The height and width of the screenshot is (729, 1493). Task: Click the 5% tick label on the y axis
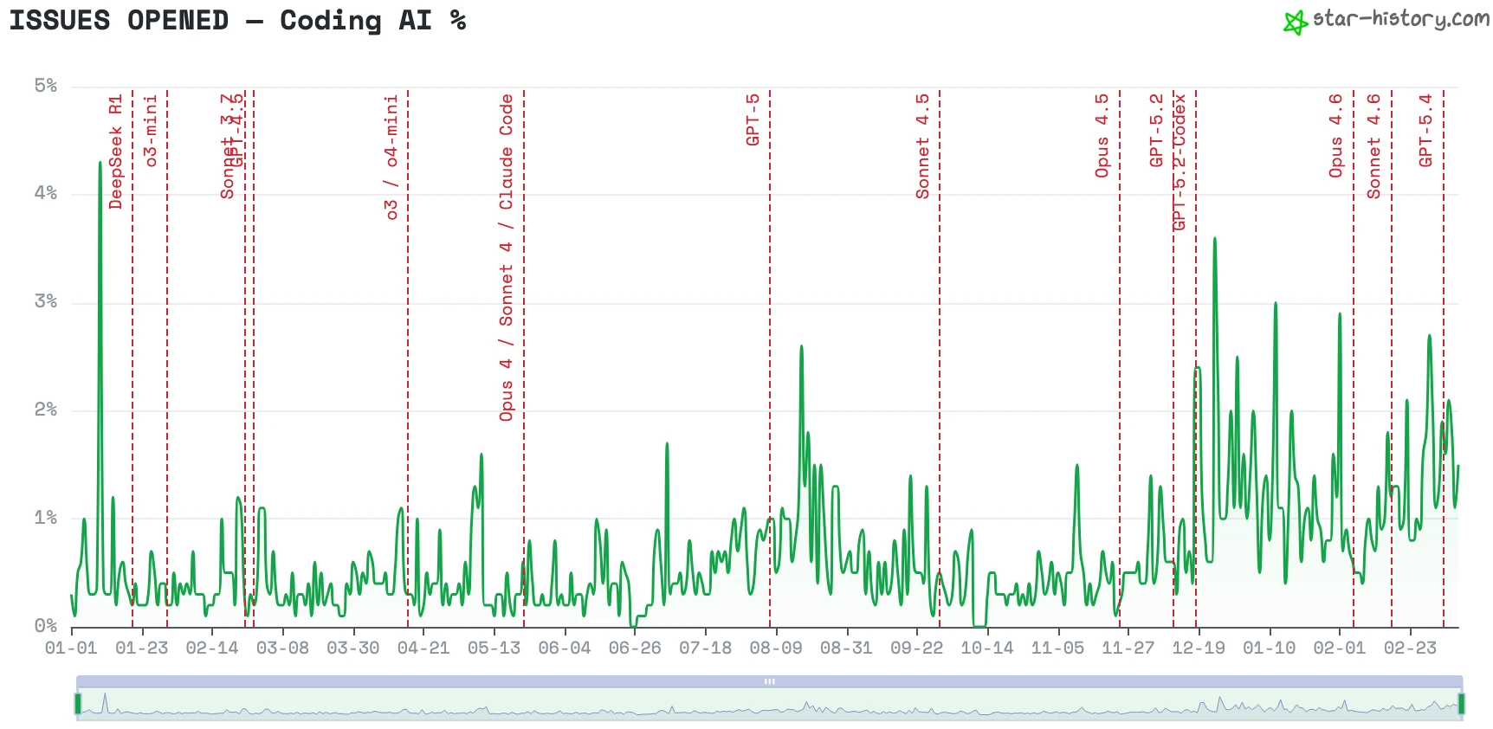[45, 86]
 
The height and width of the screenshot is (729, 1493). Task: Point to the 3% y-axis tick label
[45, 301]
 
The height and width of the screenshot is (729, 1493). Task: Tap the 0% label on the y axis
[45, 625]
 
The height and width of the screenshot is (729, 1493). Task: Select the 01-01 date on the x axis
[71, 648]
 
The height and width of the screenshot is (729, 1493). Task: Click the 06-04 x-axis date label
[565, 648]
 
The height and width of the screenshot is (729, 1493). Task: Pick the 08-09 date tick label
[776, 648]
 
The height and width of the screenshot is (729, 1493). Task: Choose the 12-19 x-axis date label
[1199, 648]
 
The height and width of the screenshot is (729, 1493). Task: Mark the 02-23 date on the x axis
[1410, 648]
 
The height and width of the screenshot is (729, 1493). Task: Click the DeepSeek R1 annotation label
[116, 152]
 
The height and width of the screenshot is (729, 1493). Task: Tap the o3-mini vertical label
[151, 131]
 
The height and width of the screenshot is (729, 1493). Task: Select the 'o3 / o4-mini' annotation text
[391, 157]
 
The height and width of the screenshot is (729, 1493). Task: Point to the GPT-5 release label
[753, 119]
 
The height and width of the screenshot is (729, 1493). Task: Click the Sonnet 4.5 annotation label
[922, 146]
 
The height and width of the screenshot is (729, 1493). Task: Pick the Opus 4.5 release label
[1102, 136]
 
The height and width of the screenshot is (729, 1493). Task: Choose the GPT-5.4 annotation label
[1425, 130]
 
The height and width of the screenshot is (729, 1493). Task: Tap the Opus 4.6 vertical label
[1335, 136]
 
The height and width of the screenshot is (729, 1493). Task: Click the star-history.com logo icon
[1295, 23]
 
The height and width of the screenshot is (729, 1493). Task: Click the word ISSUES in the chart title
[60, 21]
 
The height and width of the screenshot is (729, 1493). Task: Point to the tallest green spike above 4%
[100, 164]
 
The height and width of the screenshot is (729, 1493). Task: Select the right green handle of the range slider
[1462, 704]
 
